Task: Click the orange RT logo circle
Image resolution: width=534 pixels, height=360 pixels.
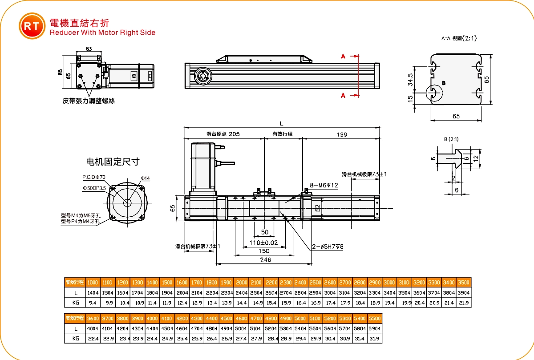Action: (x=32, y=26)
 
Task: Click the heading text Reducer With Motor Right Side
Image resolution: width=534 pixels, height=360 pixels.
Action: (x=103, y=32)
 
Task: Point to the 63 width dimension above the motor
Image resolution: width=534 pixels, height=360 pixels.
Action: (x=89, y=49)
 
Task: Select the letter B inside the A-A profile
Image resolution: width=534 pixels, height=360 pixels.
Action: (x=444, y=83)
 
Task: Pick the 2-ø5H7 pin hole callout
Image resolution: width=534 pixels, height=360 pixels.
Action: (x=328, y=247)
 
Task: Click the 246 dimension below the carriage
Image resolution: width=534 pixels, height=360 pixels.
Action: (x=265, y=260)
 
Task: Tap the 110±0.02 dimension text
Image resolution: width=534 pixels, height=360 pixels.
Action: (x=264, y=243)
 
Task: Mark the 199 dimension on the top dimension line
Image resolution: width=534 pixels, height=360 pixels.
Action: (x=342, y=134)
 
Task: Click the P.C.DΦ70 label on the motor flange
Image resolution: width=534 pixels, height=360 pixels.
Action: (x=94, y=177)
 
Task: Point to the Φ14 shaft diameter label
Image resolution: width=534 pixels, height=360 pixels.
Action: (x=146, y=178)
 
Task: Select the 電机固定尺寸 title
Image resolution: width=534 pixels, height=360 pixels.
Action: (x=113, y=162)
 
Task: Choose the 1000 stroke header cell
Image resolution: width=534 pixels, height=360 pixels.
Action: (x=93, y=283)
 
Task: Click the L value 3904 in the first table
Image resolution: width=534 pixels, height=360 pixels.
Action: (x=463, y=293)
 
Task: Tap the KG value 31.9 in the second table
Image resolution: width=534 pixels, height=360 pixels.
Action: (x=374, y=339)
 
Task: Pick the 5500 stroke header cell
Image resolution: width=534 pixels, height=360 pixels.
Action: (x=374, y=319)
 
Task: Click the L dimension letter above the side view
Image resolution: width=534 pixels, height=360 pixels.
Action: (x=281, y=124)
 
